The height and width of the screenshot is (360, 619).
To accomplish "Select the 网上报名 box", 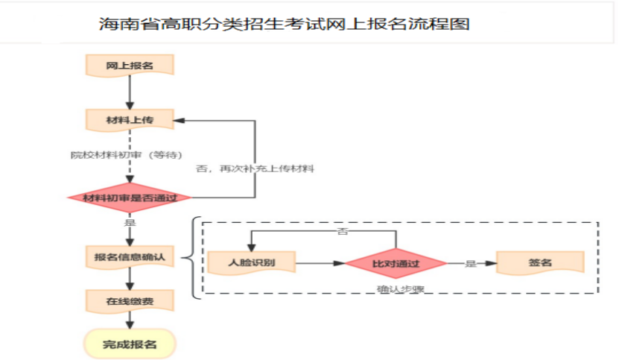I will (130, 65).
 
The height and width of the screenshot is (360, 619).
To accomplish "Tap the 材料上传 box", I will (130, 119).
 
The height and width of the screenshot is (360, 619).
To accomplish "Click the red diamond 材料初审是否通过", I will (130, 198).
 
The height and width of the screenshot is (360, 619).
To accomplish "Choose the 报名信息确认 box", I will (130, 257).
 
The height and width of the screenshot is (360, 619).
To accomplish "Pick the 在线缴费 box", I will (130, 301).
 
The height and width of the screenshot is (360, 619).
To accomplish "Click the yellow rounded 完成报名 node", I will (130, 344).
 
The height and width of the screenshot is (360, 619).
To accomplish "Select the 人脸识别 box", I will (252, 263).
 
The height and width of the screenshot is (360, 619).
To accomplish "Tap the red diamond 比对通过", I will (396, 263).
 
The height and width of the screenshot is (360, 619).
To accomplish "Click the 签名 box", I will (540, 263).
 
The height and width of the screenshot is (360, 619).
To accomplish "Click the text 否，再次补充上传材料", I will (255, 169).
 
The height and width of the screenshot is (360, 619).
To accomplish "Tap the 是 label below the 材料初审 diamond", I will (130, 222).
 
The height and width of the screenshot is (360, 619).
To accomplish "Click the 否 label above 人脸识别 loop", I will (343, 232).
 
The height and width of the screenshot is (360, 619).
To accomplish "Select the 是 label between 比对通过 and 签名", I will (471, 263).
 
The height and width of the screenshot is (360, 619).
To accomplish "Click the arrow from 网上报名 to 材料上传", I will (130, 92).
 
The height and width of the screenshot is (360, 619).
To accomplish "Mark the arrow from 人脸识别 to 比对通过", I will (320, 263).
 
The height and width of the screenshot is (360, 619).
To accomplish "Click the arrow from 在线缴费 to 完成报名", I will (130, 320).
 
